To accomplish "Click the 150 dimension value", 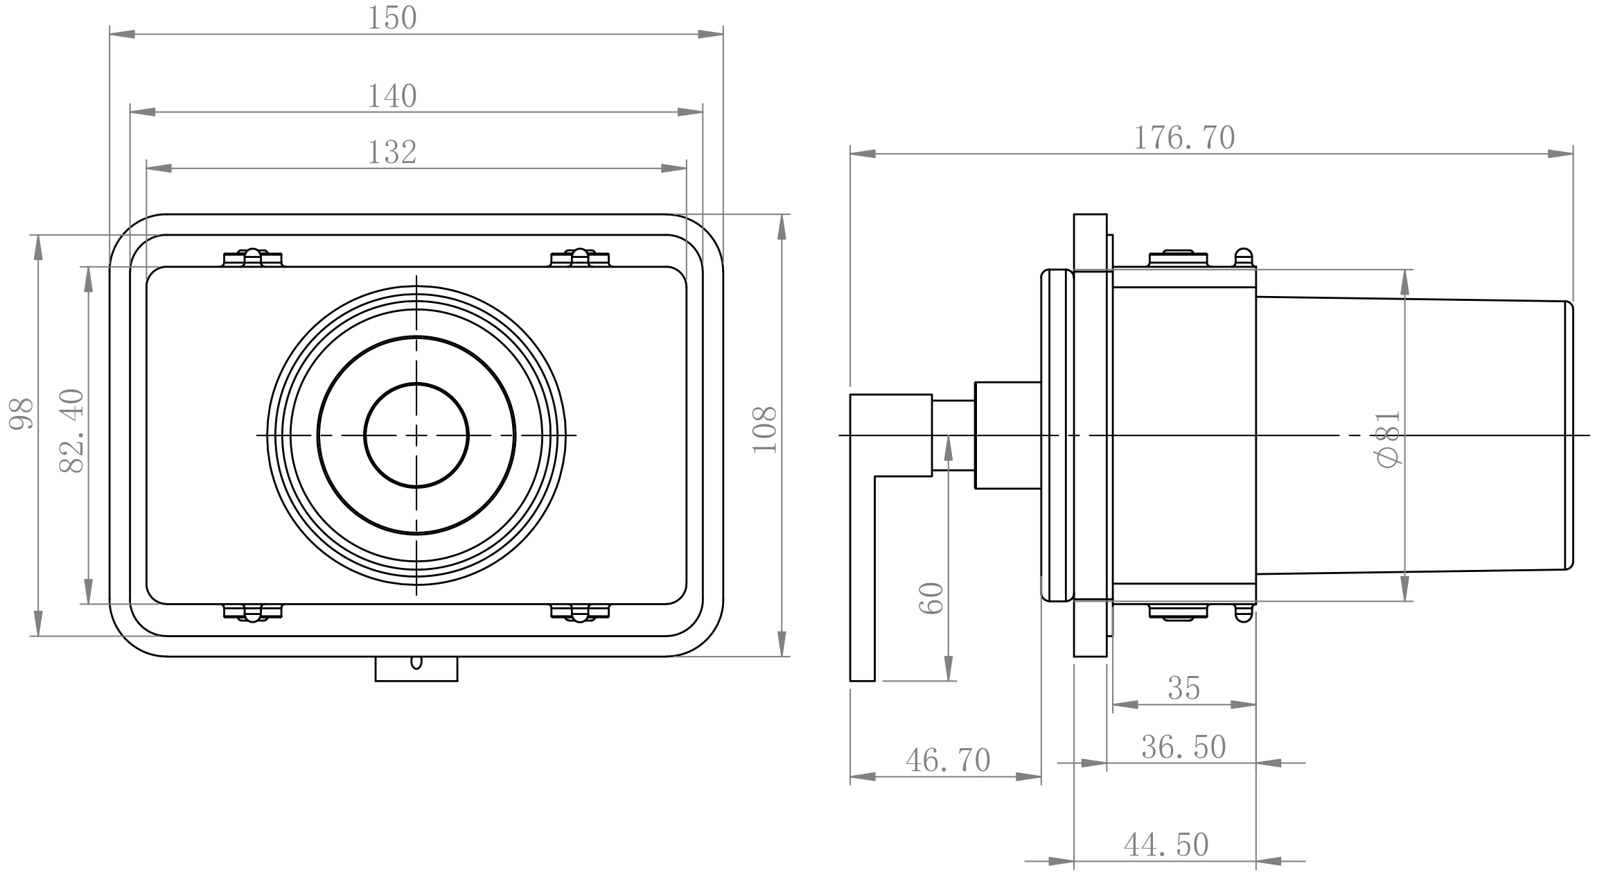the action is pyautogui.click(x=392, y=19).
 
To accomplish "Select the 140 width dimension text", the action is pyautogui.click(x=392, y=96).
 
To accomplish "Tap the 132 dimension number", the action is pyautogui.click(x=392, y=153).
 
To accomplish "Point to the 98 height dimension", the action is pyautogui.click(x=21, y=414).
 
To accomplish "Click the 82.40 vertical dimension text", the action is pyautogui.click(x=72, y=431).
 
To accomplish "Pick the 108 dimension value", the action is pyautogui.click(x=765, y=430).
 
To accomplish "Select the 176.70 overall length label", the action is pyautogui.click(x=1184, y=138).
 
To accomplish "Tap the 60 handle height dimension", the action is pyautogui.click(x=932, y=598).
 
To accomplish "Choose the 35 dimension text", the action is pyautogui.click(x=1184, y=688).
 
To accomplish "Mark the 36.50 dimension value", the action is pyautogui.click(x=1184, y=747).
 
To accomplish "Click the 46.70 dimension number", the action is pyautogui.click(x=949, y=761).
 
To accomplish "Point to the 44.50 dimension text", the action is pyautogui.click(x=1167, y=845).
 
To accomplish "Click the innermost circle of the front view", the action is pyautogui.click(x=416, y=383).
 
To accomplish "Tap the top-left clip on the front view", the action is pyautogui.click(x=253, y=258).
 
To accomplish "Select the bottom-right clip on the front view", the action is pyautogui.click(x=580, y=612).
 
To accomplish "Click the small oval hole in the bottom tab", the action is pyautogui.click(x=416, y=662).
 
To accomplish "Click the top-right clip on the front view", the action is pyautogui.click(x=580, y=258).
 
